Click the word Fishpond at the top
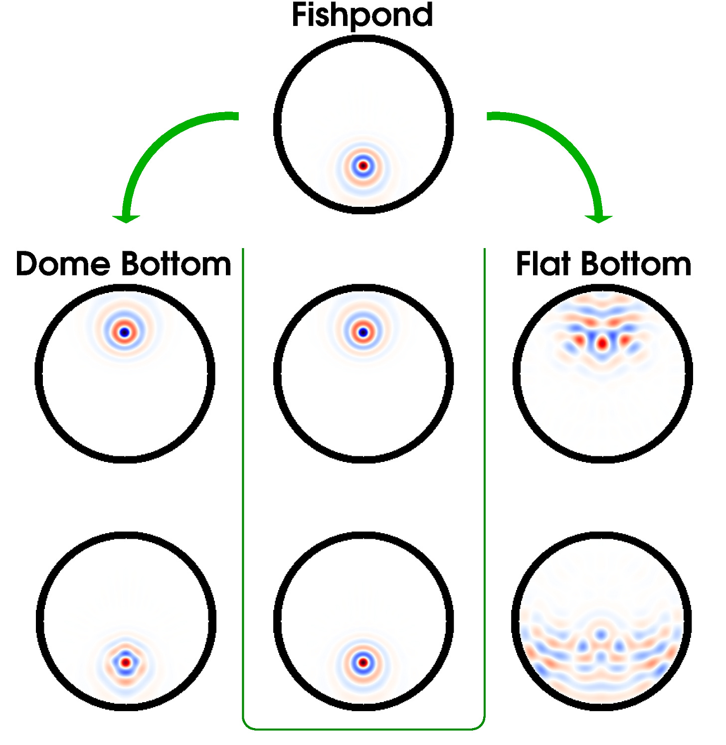coord(362,15)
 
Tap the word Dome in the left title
coord(62,264)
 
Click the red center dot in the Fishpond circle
coord(363,165)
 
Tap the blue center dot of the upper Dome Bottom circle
coord(125,332)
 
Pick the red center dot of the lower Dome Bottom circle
coord(126,662)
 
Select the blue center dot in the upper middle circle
coord(363,332)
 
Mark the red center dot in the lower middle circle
coord(363,662)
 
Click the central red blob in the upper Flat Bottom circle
coord(602,343)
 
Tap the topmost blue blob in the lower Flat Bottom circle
coord(601,634)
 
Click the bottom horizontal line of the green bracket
coord(363,729)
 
